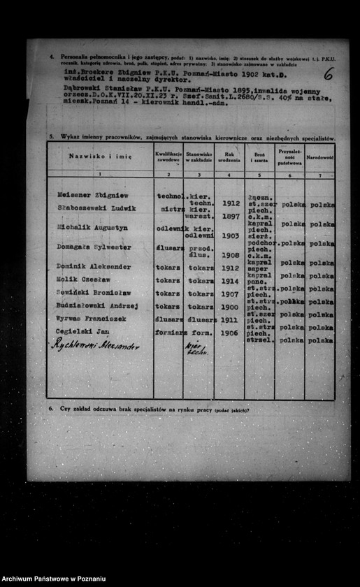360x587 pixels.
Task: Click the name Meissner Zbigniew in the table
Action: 93,196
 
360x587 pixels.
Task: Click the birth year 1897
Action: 230,217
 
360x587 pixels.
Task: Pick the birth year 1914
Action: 230,280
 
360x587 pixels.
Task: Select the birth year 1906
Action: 230,333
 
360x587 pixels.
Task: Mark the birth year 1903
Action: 230,236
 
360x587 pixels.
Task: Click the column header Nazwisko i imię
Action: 99,157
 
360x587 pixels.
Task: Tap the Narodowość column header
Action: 320,157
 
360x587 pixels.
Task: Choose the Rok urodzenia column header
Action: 229,157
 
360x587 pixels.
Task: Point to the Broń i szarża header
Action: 259,157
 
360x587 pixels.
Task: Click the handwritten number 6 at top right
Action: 329,73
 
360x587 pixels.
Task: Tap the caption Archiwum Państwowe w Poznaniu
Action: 54,579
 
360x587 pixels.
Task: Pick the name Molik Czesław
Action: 82,279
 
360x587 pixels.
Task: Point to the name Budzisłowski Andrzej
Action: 97,305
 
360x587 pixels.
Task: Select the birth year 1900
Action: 230,307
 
